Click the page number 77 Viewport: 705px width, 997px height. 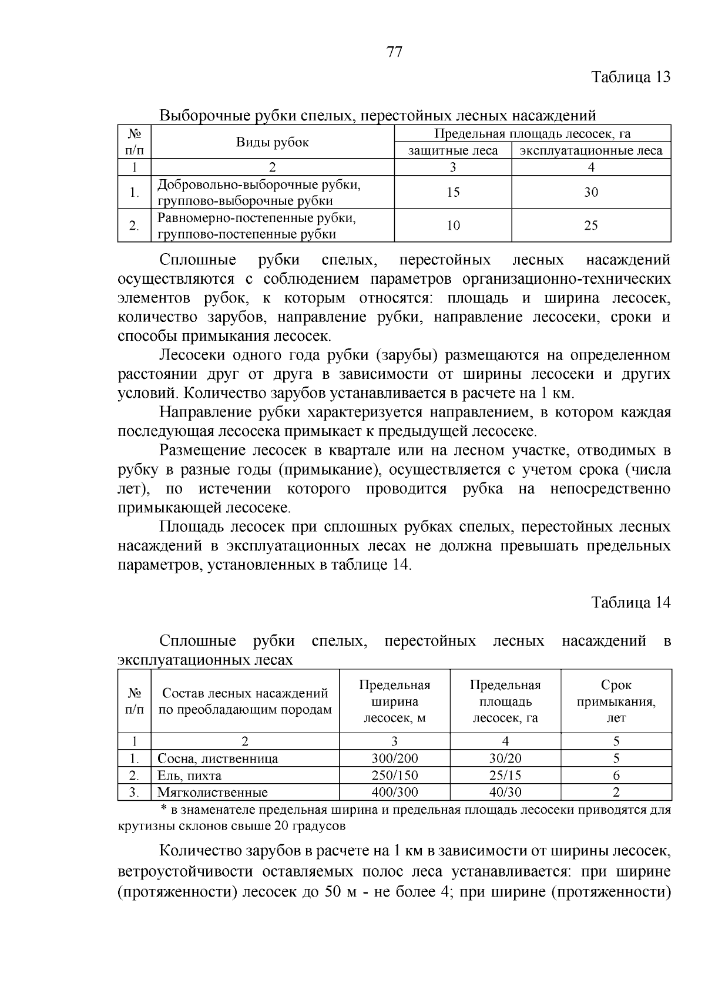point(395,52)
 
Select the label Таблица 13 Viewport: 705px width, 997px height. point(630,77)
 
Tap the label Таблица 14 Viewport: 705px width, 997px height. point(630,602)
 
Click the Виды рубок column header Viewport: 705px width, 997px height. point(273,142)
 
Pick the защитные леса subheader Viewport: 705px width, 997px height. point(452,151)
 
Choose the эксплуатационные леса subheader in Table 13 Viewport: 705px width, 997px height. point(591,151)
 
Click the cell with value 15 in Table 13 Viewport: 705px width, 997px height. point(452,192)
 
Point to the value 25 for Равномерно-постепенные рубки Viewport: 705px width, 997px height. point(591,226)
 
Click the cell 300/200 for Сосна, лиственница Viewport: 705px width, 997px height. point(395,758)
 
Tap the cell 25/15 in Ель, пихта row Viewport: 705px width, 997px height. point(505,776)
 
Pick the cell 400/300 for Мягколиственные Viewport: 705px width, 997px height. point(395,792)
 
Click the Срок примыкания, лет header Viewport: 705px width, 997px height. point(616,701)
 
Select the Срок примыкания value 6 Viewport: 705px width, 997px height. point(616,776)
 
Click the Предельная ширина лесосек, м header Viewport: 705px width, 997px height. point(395,701)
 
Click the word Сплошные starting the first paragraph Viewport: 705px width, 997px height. point(197,260)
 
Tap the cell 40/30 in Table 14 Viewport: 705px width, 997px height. point(505,792)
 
